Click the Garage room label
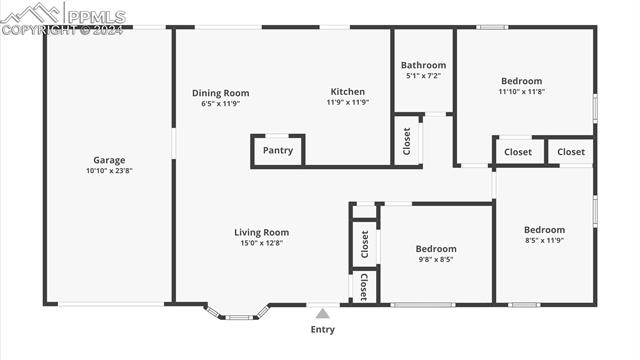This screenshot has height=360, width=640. pos(109,160)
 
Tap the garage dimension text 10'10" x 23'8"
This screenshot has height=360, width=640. pos(109,171)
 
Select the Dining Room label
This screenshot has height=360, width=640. pos(221,93)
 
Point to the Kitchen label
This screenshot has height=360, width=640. pos(348,91)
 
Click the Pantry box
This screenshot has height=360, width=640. pos(278,151)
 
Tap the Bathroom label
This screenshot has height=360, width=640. pos(423,65)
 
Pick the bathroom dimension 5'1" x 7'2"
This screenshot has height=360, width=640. pos(423,76)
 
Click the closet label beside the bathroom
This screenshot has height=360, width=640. pos(407,141)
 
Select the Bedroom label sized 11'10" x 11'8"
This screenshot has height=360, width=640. pos(521,81)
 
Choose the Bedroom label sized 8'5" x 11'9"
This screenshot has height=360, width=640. pos(545,229)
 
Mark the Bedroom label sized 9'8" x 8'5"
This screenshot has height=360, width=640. pos(436,249)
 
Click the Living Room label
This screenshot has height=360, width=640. pos(262,232)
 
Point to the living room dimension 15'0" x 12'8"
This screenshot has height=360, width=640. pos(262,243)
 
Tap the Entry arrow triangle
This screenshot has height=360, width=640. pos(322,313)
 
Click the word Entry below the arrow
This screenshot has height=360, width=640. pos(322,329)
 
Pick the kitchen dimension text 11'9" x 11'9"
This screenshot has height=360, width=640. pos(348,102)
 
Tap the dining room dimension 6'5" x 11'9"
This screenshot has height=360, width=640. pos(221,104)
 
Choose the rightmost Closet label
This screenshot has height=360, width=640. pos(571,152)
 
